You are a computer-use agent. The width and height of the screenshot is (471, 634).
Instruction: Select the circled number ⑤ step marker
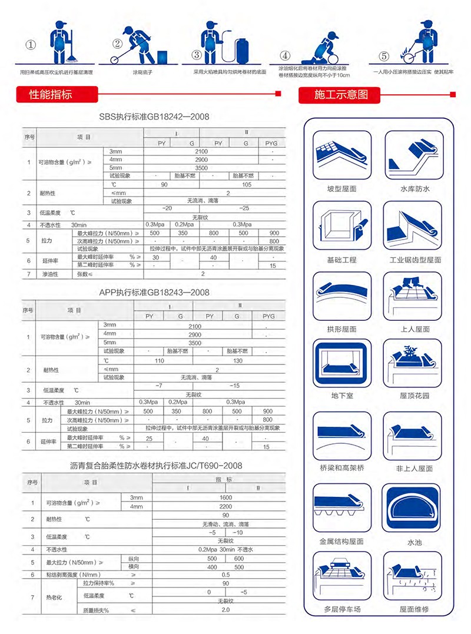coord(383,57)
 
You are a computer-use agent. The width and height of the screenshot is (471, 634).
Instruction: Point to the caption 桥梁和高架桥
coord(341,468)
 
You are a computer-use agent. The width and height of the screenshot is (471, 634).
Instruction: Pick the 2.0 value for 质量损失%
coord(225,610)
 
